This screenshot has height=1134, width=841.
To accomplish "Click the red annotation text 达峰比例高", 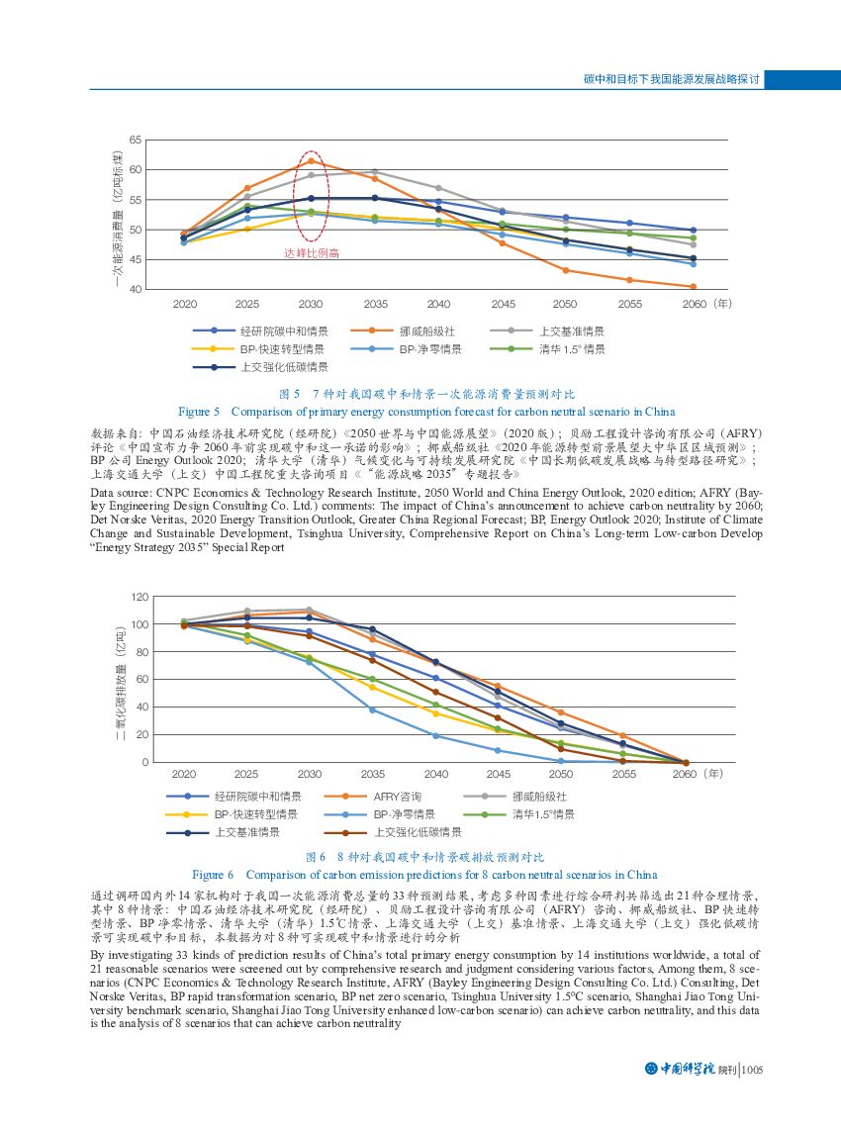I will coord(312,253).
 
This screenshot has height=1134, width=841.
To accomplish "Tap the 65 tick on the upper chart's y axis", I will coord(136,141).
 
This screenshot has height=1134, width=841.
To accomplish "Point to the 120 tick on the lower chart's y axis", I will coord(140,597).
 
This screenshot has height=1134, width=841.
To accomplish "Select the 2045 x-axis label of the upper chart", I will coord(502,304).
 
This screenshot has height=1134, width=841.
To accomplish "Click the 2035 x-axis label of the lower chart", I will coord(373,774).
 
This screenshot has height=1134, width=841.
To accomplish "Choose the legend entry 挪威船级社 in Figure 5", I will coord(426,331).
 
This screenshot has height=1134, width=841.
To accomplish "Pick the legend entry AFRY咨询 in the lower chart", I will coord(398,796).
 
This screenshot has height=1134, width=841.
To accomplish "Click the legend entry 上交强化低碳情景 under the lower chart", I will coord(417,832).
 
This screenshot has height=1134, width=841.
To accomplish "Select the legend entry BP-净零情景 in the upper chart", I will coord(430,349).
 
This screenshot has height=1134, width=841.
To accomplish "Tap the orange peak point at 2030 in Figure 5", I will coord(311,160).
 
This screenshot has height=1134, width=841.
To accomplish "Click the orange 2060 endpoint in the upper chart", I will coord(693,287).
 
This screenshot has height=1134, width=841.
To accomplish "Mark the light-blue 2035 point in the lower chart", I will coord(373,709).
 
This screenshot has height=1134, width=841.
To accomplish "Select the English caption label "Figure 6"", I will coord(213,875).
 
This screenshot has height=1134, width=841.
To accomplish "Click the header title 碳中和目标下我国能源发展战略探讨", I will coord(670,78).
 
